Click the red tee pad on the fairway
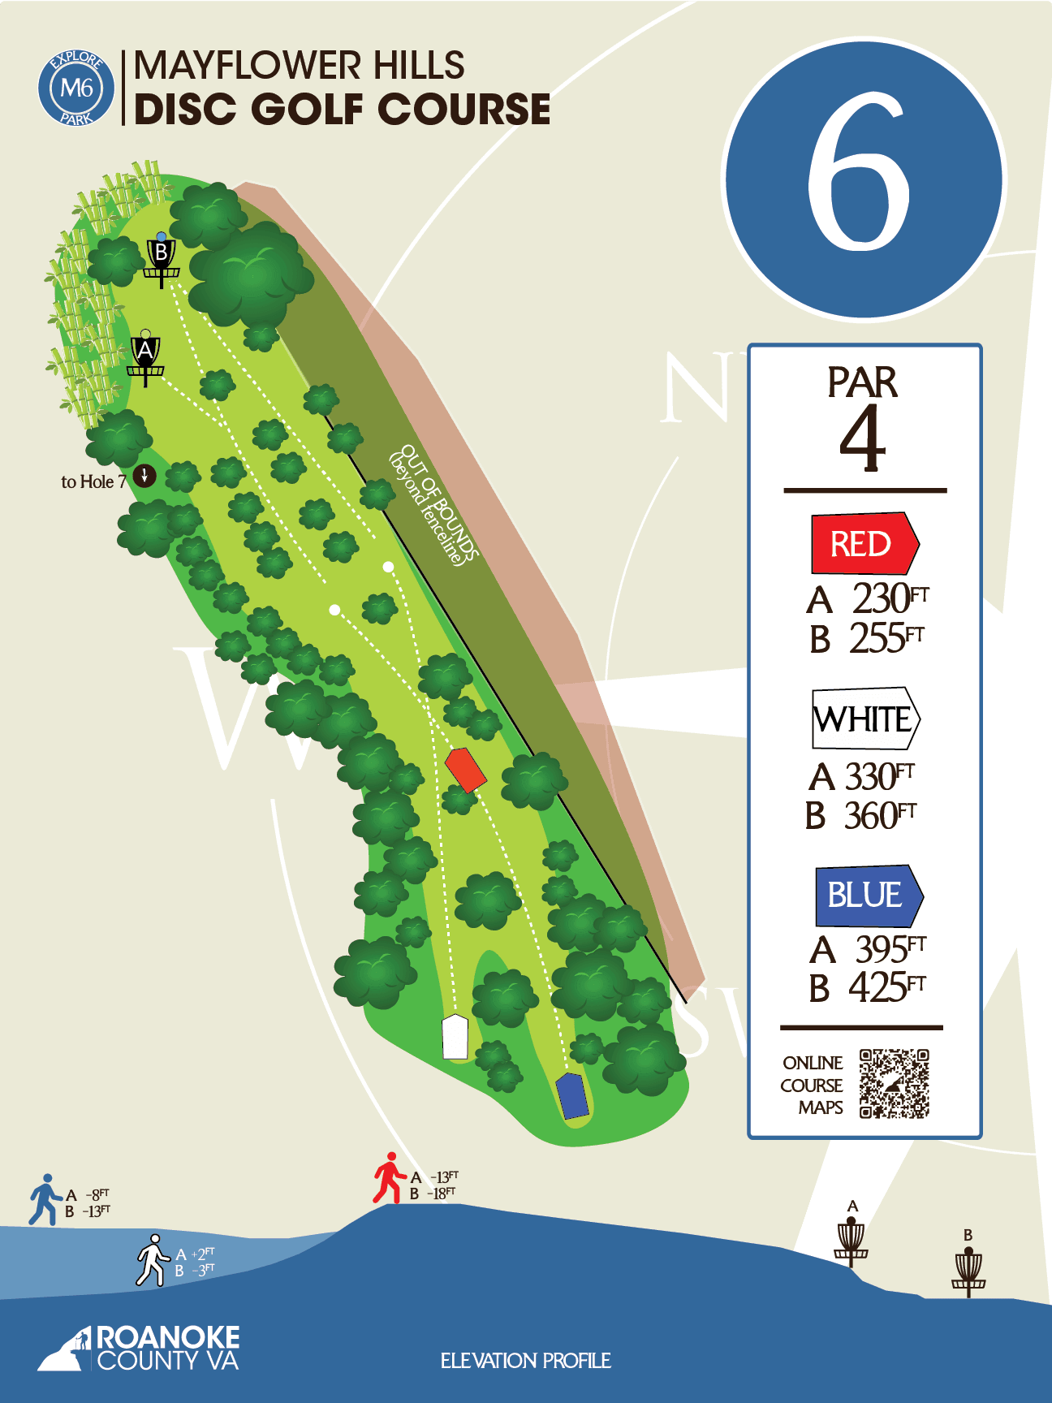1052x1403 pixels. pyautogui.click(x=466, y=770)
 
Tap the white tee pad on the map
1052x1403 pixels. pyautogui.click(x=455, y=1037)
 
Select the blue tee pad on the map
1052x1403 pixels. pyautogui.click(x=572, y=1096)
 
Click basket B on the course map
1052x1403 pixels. pyautogui.click(x=162, y=258)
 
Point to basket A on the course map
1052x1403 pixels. pyautogui.click(x=145, y=357)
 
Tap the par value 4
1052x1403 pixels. pyautogui.click(x=862, y=438)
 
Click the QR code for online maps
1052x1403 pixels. pyautogui.click(x=894, y=1084)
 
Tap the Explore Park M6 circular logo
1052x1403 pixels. pyautogui.click(x=76, y=88)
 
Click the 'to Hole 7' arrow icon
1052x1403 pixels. pyautogui.click(x=144, y=475)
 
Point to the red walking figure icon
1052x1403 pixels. pyautogui.click(x=389, y=1178)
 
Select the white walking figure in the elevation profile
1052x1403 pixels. pyautogui.click(x=152, y=1261)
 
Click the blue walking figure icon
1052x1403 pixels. pyautogui.click(x=45, y=1199)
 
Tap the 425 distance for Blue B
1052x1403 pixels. pyautogui.click(x=877, y=988)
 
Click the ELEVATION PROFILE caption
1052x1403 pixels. pyautogui.click(x=525, y=1361)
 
